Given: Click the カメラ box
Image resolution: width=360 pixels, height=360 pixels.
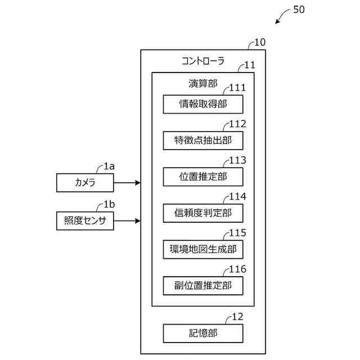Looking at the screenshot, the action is point(85,183).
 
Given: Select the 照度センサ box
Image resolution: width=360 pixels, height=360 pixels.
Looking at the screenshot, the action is point(85,221).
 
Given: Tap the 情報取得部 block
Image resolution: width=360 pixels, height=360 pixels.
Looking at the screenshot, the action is point(203,104).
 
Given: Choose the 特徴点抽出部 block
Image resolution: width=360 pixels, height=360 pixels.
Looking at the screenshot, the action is point(203,141).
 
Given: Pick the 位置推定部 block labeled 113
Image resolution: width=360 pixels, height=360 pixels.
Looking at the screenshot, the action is point(203,177).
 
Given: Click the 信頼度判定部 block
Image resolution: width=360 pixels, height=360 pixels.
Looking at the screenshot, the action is point(203,213).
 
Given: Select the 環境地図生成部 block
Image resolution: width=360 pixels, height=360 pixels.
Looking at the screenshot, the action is point(203,249).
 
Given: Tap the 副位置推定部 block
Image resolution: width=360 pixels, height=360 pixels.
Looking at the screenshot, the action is point(203,286).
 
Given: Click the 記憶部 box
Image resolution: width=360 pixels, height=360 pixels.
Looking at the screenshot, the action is point(203,334).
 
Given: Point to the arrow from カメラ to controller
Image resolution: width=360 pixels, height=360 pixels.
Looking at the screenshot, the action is point(127,183).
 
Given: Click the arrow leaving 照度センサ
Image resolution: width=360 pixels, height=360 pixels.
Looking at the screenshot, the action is point(127,221).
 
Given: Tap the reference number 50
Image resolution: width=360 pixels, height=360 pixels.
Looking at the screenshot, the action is point(299,10).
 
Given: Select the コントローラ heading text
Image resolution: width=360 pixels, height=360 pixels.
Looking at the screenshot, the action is point(203,61).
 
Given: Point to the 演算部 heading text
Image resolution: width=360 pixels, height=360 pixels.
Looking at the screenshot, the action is point(203,84).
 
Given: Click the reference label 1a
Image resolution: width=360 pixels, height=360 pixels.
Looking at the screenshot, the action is point(109,166).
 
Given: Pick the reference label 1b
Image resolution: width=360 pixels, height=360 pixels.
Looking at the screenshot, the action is point(109,204).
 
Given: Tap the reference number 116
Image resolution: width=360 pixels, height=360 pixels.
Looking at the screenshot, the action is point(237,269).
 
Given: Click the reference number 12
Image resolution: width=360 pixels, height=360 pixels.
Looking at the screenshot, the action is point(237,317).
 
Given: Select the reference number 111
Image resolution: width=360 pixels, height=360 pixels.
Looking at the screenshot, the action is point(237,88).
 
